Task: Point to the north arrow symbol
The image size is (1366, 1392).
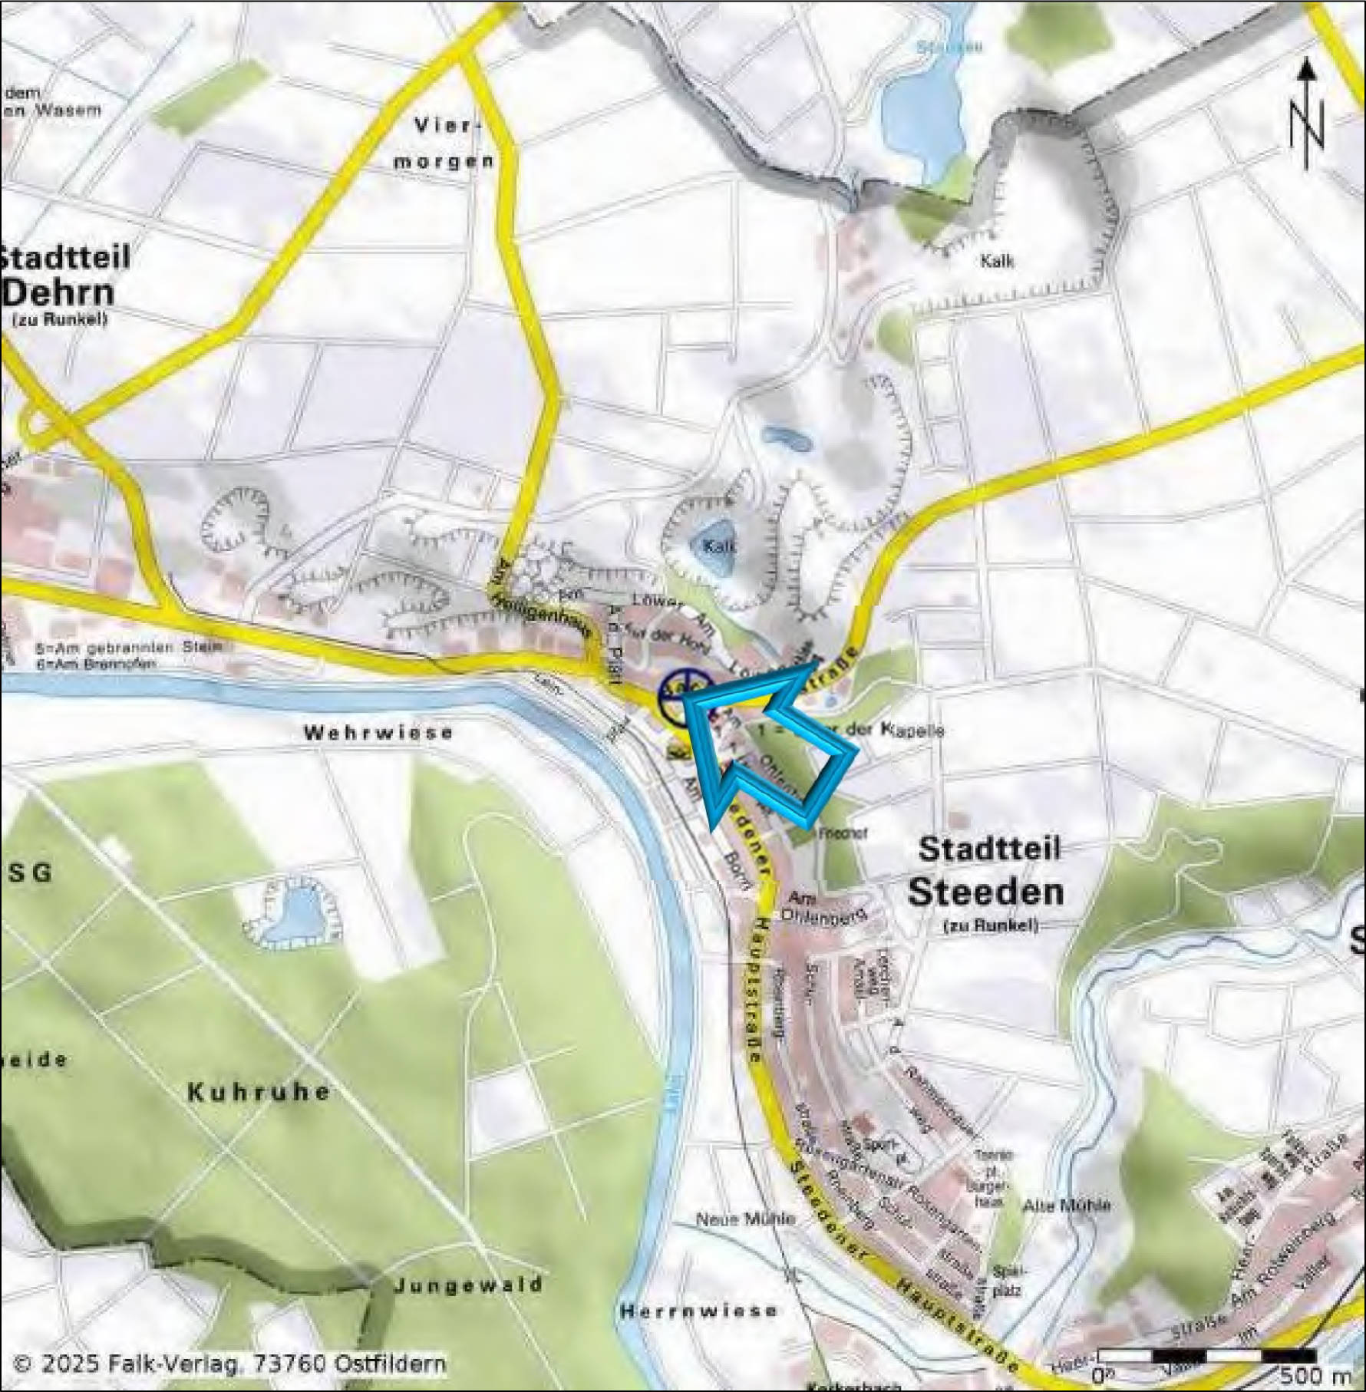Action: [x=1307, y=115]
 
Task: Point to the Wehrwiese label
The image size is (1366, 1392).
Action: [x=378, y=733]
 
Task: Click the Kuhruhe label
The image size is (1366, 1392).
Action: [x=259, y=1091]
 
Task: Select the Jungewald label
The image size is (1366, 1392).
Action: [x=468, y=1285]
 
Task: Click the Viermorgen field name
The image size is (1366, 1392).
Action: [x=445, y=143]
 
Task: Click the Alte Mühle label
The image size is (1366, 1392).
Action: [x=1067, y=1206]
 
